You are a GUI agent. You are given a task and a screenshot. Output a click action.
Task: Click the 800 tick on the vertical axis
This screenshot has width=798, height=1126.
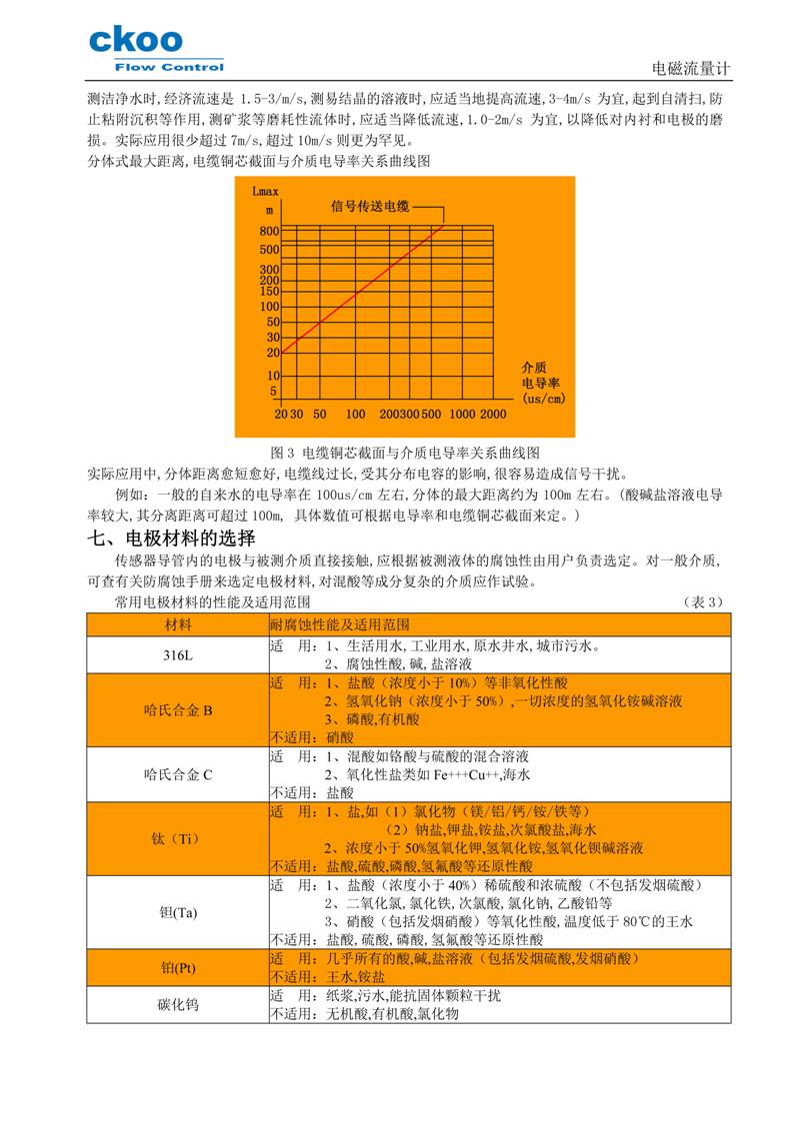(x=269, y=231)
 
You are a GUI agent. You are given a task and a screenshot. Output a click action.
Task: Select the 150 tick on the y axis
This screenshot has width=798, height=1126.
(x=269, y=292)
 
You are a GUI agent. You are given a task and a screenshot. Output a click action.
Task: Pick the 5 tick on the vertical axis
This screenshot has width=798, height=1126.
(x=273, y=392)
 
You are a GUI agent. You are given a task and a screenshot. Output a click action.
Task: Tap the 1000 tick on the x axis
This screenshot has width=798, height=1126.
(x=462, y=414)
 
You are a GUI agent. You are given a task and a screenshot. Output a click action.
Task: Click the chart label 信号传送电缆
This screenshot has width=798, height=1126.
(x=370, y=207)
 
